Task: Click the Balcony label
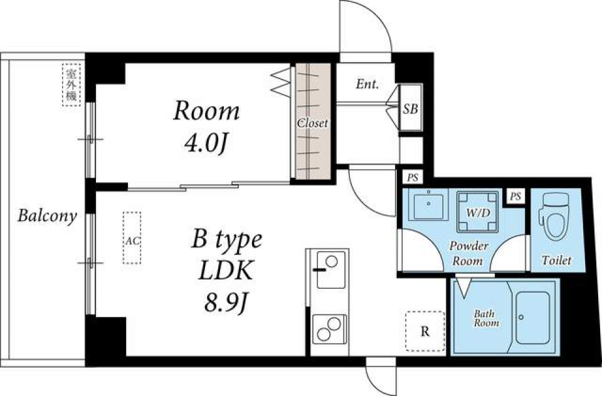coord(47,216)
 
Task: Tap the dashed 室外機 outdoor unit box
coord(71,85)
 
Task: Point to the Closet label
coord(312,123)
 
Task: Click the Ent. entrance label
coord(367,84)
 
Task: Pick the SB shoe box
coord(410,109)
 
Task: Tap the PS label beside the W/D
coord(515,197)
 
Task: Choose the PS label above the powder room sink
coord(412,177)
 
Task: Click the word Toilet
coord(556,260)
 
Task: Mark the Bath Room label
coord(486,318)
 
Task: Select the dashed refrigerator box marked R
coord(425,331)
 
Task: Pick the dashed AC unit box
coord(132,238)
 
